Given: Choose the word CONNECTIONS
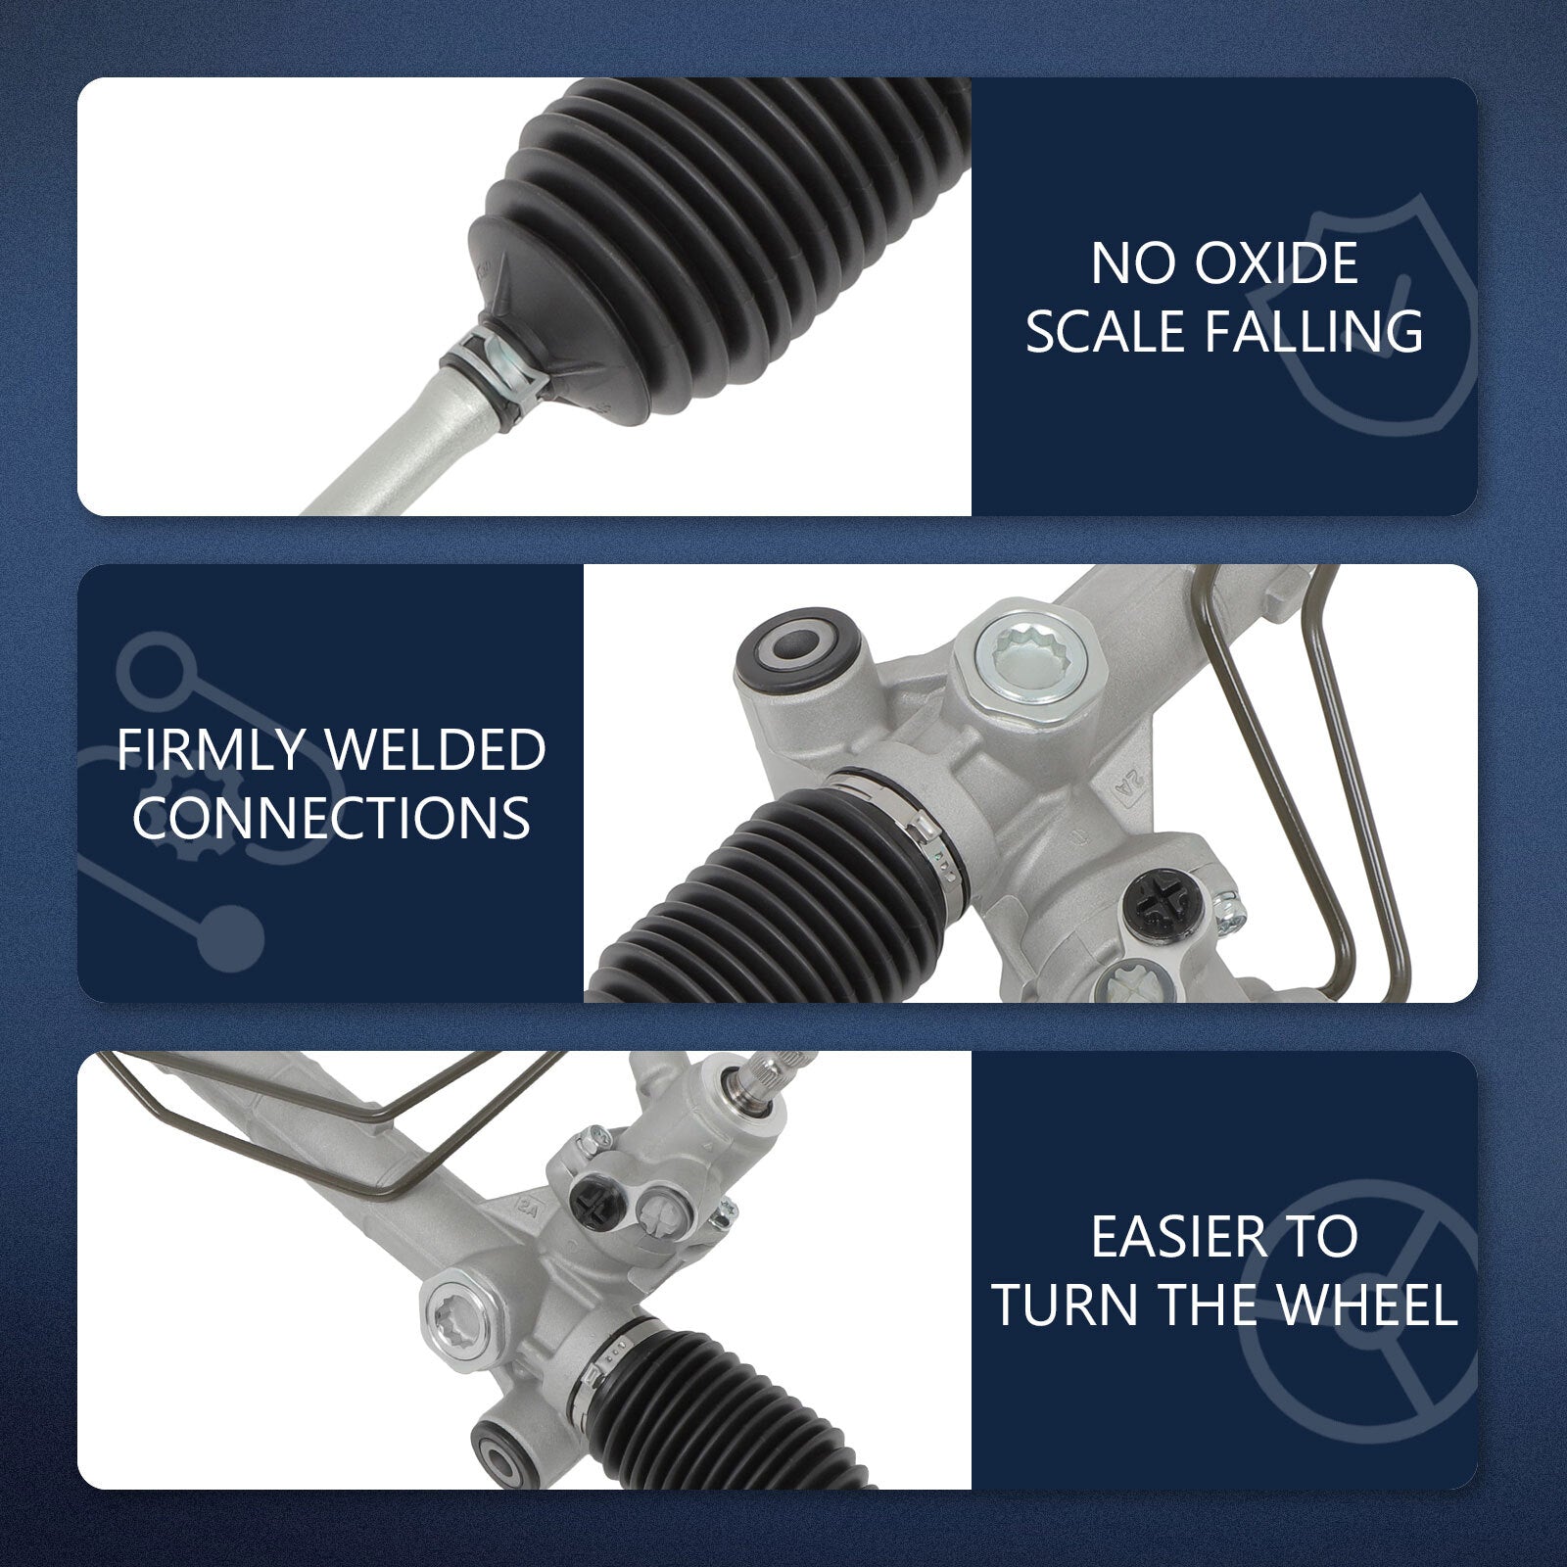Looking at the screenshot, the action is (x=331, y=818).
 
